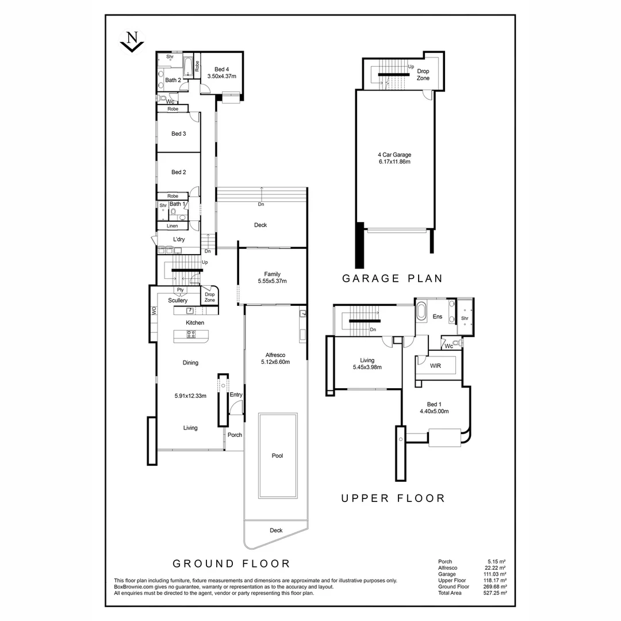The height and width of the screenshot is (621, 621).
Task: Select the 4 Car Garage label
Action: click(394, 155)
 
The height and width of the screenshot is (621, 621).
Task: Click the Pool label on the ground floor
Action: click(277, 455)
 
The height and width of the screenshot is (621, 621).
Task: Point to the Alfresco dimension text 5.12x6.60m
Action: click(275, 362)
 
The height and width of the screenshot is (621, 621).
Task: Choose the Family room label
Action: click(272, 274)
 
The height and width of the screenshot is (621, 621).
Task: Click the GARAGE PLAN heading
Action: click(392, 279)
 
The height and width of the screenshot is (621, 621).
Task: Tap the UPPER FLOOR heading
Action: click(393, 498)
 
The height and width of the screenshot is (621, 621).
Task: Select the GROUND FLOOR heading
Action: click(231, 563)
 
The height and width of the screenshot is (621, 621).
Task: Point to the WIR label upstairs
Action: click(435, 366)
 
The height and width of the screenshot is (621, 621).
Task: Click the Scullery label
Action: click(178, 300)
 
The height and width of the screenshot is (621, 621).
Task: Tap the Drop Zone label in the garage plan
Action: click(423, 74)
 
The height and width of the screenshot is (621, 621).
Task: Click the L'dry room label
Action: click(178, 239)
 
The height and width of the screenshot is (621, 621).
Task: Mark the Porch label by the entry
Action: click(235, 435)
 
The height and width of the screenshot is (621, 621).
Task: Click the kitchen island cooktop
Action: click(191, 334)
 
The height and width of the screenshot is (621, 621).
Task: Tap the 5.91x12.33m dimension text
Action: click(190, 396)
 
